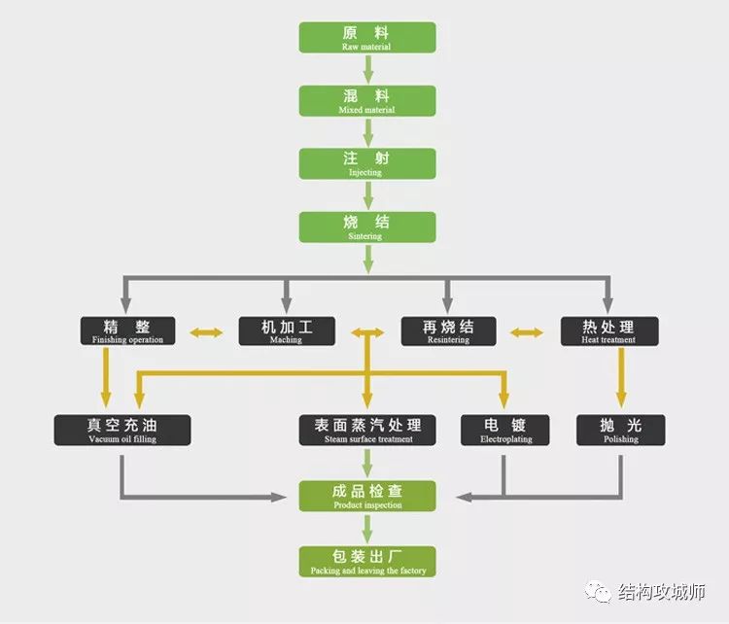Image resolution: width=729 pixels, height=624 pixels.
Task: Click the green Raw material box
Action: click(x=366, y=37)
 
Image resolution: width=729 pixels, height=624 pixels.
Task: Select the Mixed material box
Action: click(x=366, y=100)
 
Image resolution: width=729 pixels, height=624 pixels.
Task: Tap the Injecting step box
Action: click(x=366, y=162)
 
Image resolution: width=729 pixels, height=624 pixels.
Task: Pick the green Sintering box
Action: click(x=366, y=225)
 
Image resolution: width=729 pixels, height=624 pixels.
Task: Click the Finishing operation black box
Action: click(x=127, y=330)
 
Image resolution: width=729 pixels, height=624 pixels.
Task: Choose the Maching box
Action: click(x=287, y=330)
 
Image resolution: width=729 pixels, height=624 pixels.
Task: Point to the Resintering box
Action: click(x=448, y=330)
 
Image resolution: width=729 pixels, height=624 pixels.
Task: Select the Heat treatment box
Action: click(x=609, y=330)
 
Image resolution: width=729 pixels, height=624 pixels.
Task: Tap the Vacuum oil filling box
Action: click(x=122, y=430)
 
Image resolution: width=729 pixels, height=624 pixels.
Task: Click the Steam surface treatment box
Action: click(x=367, y=430)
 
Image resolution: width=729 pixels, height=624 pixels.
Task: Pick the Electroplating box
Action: click(x=504, y=430)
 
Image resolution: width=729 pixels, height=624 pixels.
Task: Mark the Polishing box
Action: click(x=621, y=430)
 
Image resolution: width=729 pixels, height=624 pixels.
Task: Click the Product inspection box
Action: click(x=366, y=496)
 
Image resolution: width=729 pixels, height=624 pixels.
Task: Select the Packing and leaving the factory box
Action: click(x=366, y=561)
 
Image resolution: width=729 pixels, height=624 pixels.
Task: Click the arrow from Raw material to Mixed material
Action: click(x=367, y=69)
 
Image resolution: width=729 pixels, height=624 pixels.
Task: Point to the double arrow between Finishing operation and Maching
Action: click(x=206, y=333)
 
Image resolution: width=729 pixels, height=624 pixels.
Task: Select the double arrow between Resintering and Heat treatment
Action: click(x=528, y=333)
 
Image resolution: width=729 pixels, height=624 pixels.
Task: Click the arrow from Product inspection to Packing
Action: click(x=367, y=529)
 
